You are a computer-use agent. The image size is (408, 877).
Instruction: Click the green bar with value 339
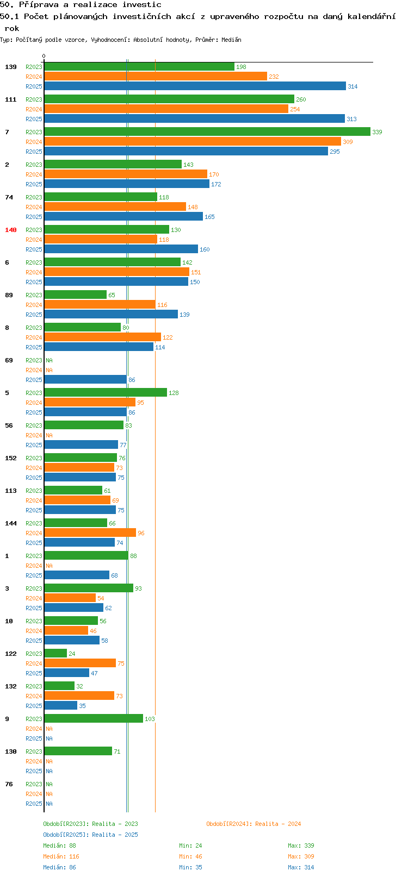[x=207, y=131]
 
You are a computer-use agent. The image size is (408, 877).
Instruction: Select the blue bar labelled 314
[x=195, y=86]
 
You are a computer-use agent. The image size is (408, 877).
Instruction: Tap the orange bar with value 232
[x=156, y=77]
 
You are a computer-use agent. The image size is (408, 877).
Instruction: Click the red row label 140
[x=10, y=230]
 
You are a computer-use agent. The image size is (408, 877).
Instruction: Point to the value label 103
[x=150, y=719]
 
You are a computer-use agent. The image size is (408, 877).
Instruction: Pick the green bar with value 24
[x=55, y=654]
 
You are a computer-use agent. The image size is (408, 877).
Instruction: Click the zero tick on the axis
[x=44, y=56]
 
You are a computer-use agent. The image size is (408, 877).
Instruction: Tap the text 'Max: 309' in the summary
[x=301, y=856]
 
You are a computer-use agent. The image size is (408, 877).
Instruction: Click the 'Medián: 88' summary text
[x=60, y=845]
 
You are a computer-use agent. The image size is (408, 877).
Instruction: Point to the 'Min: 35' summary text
[x=190, y=867]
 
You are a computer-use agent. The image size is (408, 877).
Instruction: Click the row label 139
[x=10, y=67]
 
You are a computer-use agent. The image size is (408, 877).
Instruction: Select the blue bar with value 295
[x=186, y=151]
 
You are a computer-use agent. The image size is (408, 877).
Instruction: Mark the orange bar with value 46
[x=66, y=630]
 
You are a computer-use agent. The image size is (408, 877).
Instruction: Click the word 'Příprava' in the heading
[x=39, y=5]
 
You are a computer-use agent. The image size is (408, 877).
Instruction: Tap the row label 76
[x=9, y=784]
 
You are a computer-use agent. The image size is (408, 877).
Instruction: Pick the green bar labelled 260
[x=169, y=99]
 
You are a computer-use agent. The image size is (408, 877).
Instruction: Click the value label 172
[x=217, y=184]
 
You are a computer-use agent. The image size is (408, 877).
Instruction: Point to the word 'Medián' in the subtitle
[x=231, y=40]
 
